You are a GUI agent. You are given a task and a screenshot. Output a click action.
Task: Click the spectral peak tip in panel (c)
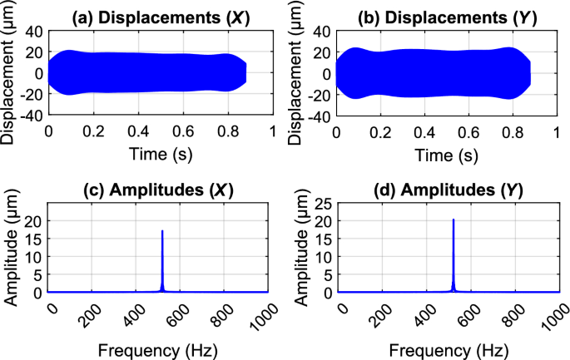click(162, 230)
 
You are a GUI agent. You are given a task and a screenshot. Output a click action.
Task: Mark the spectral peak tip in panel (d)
click(453, 219)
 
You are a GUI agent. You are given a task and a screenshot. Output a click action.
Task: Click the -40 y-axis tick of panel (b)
click(319, 116)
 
